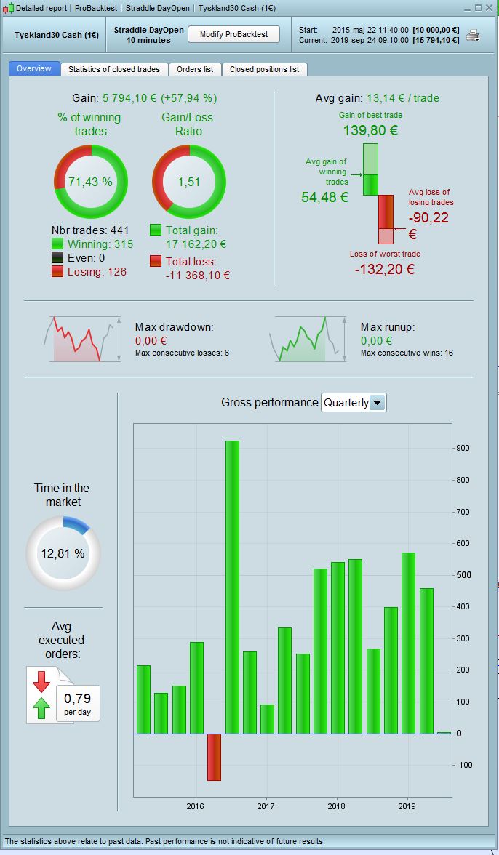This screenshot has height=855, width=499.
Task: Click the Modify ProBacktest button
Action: pos(233,34)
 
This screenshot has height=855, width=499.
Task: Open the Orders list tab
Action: pos(195,69)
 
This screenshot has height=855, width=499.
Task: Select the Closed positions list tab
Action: pos(264,69)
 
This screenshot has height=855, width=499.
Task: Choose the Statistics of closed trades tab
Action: pos(114,69)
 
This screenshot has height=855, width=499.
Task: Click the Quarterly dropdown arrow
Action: pos(377,403)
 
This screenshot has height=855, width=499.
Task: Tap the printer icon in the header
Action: pos(473,35)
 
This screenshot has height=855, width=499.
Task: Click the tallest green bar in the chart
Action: pos(232,586)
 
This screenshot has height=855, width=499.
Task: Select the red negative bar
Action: pos(214,756)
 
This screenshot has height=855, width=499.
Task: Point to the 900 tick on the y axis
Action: pos(463,449)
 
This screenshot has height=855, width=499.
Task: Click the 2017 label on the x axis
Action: pos(266,806)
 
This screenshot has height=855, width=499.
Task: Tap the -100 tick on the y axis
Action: pos(463,765)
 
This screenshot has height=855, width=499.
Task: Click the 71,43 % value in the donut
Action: pos(91,182)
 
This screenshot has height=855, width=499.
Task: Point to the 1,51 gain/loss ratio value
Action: pos(188,182)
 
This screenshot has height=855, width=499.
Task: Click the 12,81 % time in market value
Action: pos(63,553)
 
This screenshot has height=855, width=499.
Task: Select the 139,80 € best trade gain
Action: pos(370,131)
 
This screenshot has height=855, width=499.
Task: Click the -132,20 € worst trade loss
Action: pos(385,269)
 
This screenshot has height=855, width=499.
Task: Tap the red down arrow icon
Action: pos(41,681)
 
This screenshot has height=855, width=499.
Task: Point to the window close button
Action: pos(490,8)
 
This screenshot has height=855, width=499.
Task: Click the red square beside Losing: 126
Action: pos(57,271)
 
